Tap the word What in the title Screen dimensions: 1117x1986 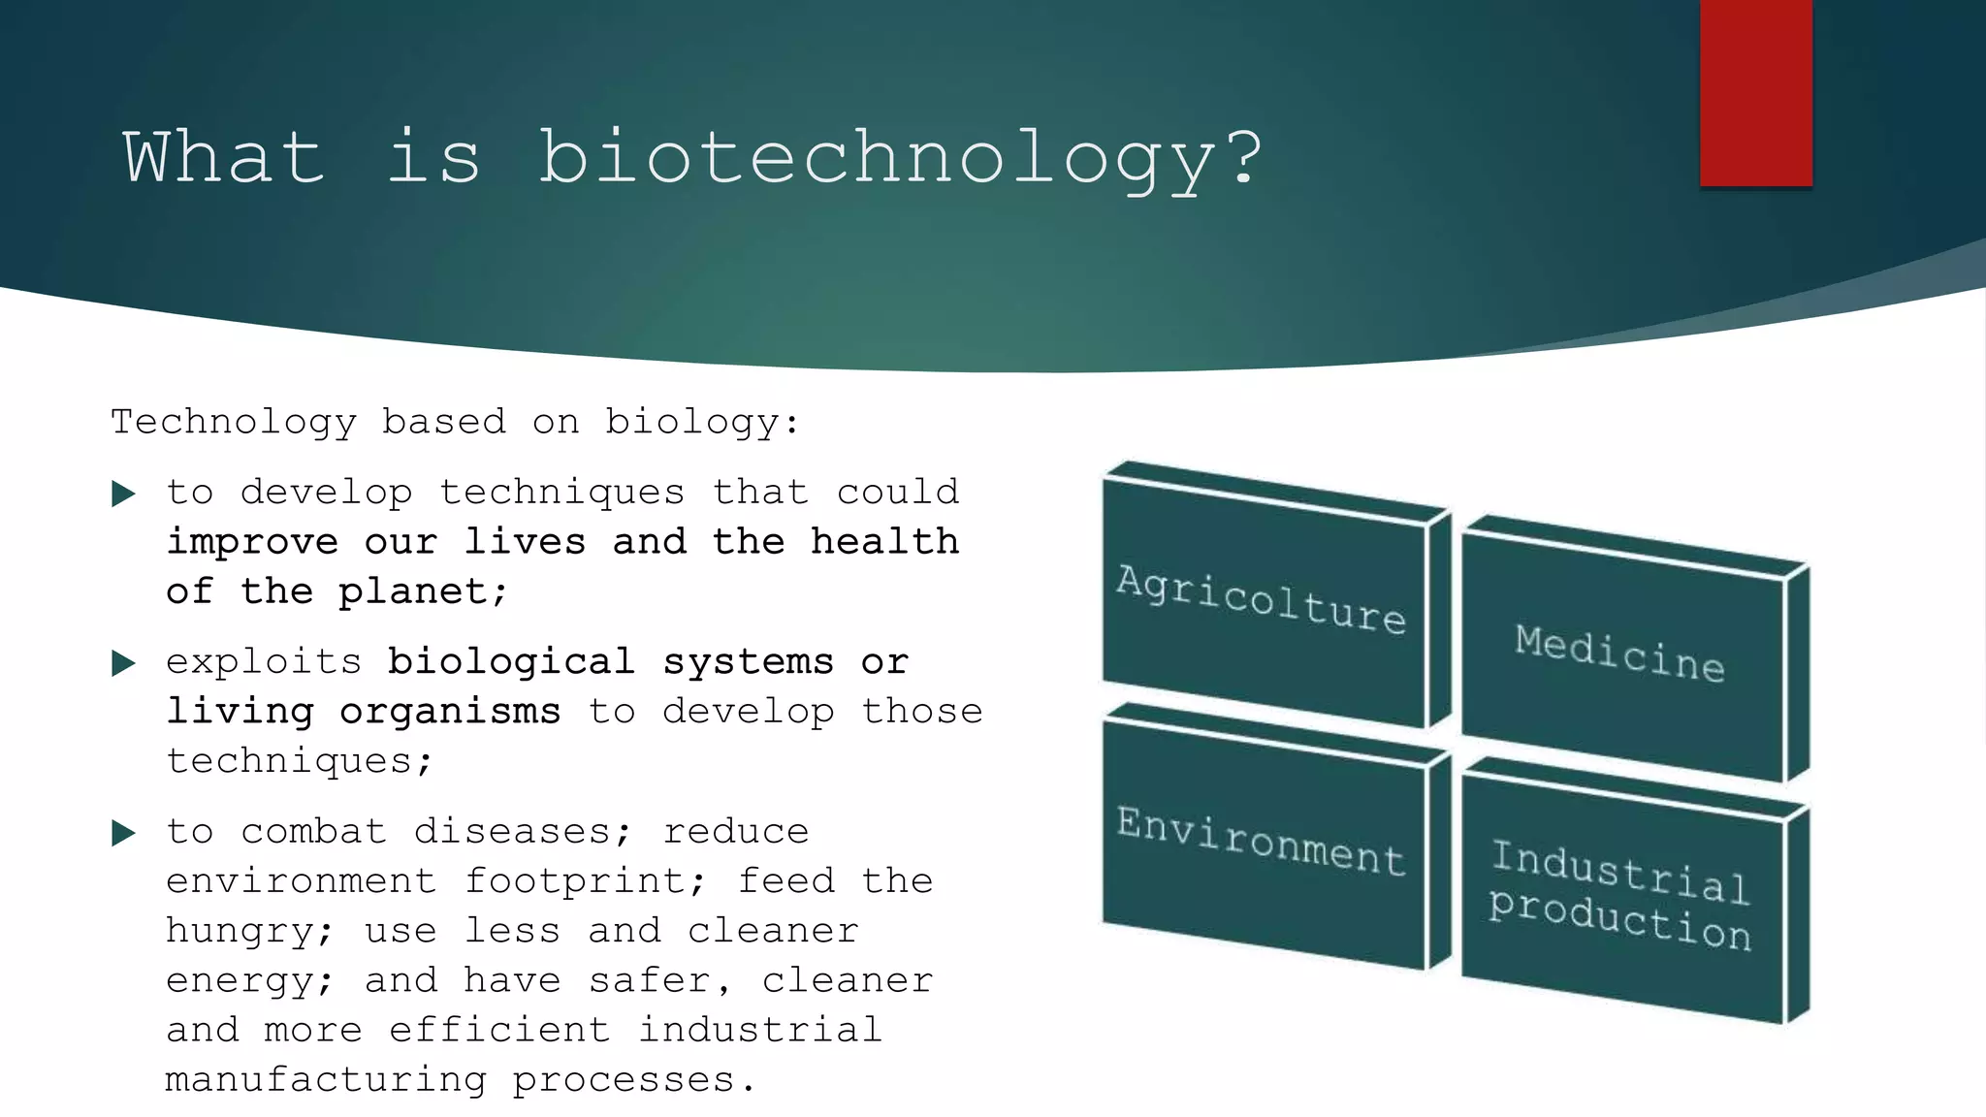[224, 157]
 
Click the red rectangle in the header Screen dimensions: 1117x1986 [1755, 92]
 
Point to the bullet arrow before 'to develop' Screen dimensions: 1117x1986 [123, 494]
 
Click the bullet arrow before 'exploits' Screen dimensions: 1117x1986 [123, 663]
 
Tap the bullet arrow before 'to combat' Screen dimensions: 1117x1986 [123, 833]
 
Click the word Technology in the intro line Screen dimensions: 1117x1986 [234, 422]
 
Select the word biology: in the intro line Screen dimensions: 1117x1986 [703, 422]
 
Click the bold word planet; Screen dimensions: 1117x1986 [423, 591]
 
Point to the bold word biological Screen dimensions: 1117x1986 [511, 662]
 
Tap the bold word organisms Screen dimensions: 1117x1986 [450, 712]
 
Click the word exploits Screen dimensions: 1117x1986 [264, 662]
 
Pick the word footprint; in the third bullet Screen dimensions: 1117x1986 [586, 881]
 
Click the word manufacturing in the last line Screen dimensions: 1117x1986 [326, 1079]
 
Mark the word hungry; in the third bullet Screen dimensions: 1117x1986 [250, 932]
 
